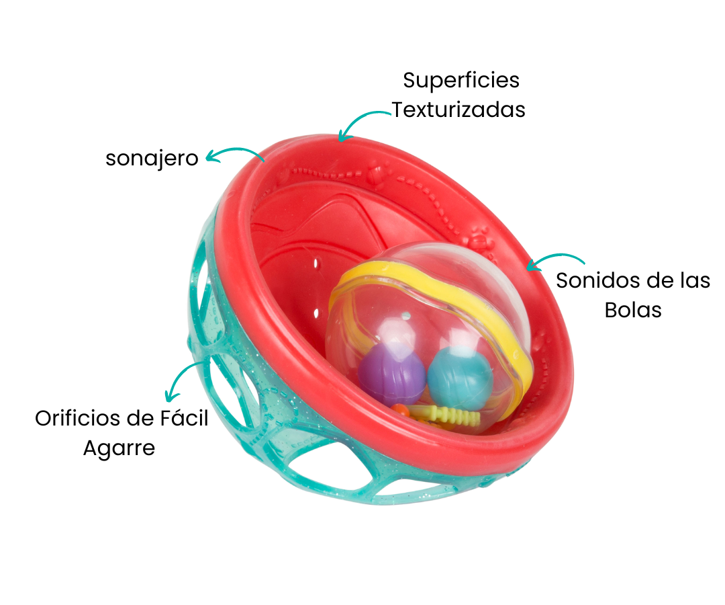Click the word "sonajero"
point(152,159)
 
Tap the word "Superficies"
point(461,80)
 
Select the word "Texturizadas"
point(458,110)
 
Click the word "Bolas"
point(633,310)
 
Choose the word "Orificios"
point(78,418)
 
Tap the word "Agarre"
point(119,448)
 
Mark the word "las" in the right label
point(693,280)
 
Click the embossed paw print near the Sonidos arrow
point(479,236)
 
